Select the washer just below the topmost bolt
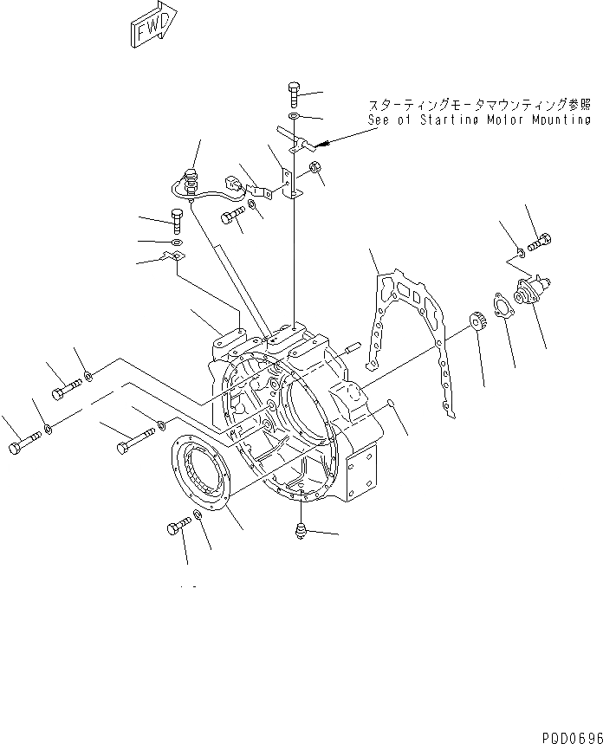[293, 115]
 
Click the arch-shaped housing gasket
[407, 329]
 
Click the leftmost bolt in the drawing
[21, 448]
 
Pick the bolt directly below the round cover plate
[177, 527]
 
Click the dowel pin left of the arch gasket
[351, 349]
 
